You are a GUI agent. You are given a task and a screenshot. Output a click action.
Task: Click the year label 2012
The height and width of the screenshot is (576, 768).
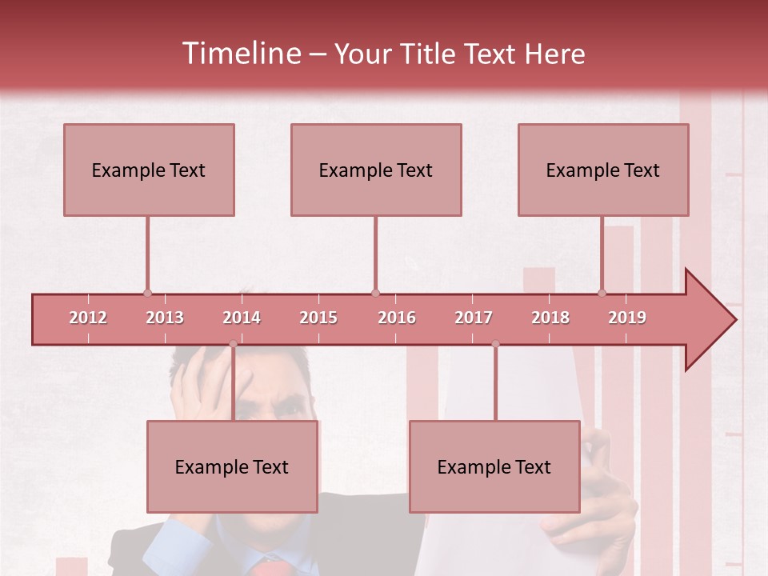click(x=88, y=318)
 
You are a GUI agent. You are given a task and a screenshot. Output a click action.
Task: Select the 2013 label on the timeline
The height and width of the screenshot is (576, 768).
click(x=165, y=318)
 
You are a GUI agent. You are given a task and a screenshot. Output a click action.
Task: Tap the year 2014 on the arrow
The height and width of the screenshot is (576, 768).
click(x=242, y=318)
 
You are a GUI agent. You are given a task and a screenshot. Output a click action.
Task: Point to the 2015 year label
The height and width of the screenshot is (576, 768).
click(x=318, y=318)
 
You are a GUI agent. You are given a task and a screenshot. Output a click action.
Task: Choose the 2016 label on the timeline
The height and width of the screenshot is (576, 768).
click(x=397, y=318)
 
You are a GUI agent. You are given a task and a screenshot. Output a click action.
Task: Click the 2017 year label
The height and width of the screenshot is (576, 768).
click(x=474, y=318)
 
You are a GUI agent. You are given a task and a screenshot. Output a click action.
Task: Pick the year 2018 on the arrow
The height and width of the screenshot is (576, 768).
click(x=550, y=318)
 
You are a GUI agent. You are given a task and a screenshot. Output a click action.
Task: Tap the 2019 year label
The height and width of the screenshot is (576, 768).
click(x=627, y=318)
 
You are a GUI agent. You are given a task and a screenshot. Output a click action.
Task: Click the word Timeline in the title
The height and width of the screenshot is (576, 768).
click(x=239, y=54)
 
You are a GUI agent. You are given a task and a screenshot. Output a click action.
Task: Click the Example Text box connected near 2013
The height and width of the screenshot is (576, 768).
click(x=149, y=170)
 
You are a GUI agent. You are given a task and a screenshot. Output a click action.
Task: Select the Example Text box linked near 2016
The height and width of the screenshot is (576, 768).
click(x=376, y=170)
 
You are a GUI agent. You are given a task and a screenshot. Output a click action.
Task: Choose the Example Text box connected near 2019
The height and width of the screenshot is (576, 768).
click(x=603, y=170)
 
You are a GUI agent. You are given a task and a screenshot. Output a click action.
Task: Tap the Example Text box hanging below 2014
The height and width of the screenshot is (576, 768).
click(x=232, y=466)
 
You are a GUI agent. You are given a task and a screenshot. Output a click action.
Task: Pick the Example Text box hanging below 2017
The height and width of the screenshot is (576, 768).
click(x=494, y=466)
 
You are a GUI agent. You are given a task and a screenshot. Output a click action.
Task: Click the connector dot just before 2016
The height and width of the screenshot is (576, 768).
click(x=375, y=293)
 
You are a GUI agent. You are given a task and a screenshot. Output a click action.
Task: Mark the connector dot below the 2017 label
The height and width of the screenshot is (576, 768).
click(x=495, y=344)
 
